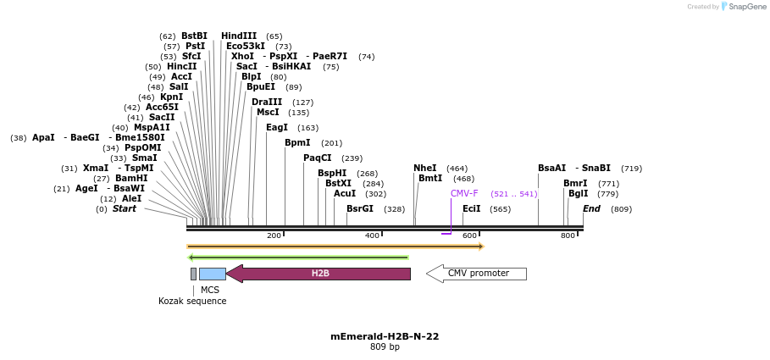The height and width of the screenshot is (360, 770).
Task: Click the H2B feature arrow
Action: [x=319, y=274]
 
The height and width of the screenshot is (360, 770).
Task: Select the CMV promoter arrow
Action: [x=477, y=274]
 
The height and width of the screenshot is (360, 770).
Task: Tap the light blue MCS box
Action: [x=212, y=274]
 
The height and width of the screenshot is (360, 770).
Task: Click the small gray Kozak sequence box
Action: [x=193, y=274]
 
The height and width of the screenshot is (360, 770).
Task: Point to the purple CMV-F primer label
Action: [x=464, y=193]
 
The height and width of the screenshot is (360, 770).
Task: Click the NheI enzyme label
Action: [x=425, y=168]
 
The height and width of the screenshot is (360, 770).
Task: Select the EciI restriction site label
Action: [x=472, y=208]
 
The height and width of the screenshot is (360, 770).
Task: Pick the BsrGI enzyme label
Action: [x=359, y=208]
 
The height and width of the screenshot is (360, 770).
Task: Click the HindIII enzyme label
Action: [x=239, y=36]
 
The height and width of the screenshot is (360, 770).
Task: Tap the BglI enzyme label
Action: [x=579, y=193]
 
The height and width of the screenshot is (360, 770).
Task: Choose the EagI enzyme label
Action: [x=277, y=127]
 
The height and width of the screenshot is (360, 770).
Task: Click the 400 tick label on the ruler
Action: [x=372, y=235]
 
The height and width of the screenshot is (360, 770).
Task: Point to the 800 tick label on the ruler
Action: [x=568, y=235]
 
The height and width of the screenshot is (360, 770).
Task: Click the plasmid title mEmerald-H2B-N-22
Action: [x=385, y=336]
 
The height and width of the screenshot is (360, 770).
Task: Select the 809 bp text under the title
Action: [x=385, y=347]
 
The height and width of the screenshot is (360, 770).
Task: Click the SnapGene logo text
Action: [x=746, y=7]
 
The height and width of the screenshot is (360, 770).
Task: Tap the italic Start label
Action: [x=125, y=208]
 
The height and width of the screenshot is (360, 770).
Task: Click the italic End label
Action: [x=591, y=208]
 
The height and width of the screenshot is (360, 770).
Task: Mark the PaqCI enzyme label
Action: [x=318, y=158]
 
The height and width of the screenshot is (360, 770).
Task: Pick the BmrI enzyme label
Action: [x=575, y=183]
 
